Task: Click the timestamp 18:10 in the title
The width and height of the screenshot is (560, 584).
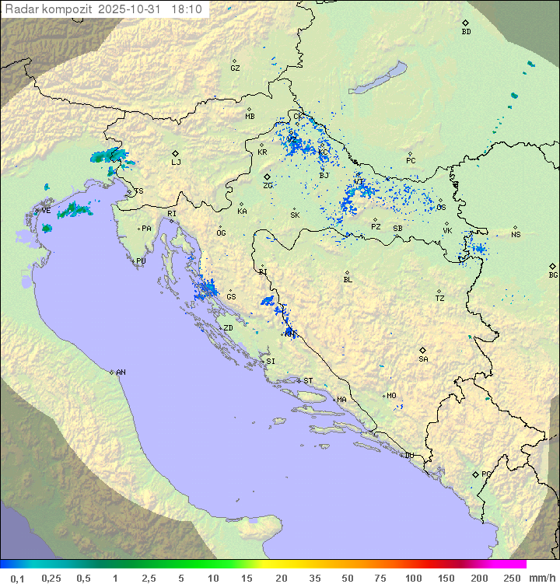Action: click(186, 9)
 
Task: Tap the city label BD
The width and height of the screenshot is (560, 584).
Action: click(466, 32)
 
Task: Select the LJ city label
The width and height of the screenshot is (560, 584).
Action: click(176, 162)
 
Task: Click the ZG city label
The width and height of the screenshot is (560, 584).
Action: click(268, 185)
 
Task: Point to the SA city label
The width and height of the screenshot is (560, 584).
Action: click(423, 358)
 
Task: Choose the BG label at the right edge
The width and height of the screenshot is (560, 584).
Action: click(553, 275)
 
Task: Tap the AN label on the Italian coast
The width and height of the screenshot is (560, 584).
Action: click(121, 372)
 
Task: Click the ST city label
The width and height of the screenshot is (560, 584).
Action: click(308, 381)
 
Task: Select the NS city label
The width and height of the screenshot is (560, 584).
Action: click(516, 234)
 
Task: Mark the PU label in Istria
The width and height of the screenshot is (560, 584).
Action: click(141, 261)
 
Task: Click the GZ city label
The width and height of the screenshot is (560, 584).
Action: click(235, 68)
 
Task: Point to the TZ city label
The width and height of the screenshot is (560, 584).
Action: click(440, 298)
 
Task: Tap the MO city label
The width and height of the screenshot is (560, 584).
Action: click(391, 396)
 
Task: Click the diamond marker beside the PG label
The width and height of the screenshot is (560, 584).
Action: click(475, 474)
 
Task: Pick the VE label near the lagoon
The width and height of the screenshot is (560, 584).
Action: click(46, 211)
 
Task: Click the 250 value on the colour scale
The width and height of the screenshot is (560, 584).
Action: click(511, 578)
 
